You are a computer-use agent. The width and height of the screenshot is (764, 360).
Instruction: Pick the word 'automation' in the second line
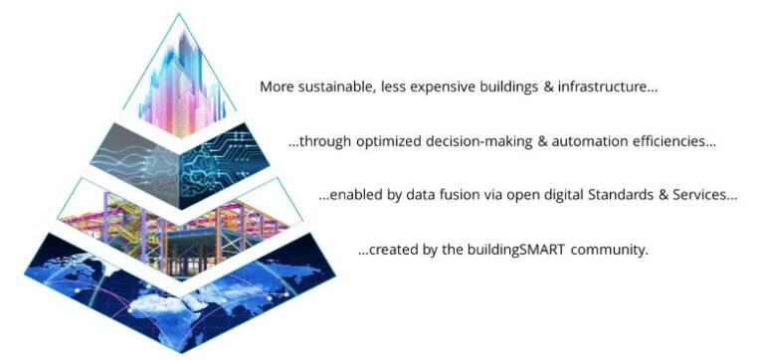593,142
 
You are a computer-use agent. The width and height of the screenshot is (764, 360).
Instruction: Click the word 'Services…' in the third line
705,196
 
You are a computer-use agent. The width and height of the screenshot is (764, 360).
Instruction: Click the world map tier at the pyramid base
179,288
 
